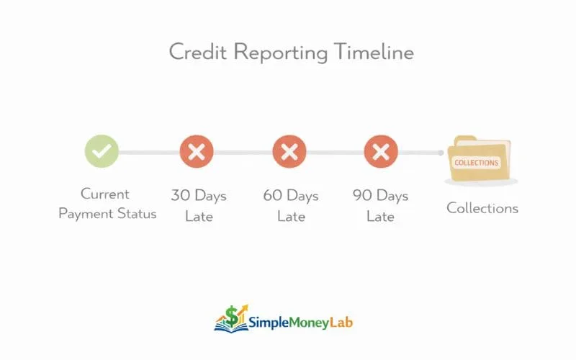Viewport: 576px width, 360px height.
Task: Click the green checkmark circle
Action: pyautogui.click(x=102, y=151)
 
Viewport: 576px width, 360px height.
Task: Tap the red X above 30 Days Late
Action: pyautogui.click(x=197, y=151)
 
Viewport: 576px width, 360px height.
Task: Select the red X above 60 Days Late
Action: pyautogui.click(x=289, y=151)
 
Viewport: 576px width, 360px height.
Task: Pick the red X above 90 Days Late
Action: pyautogui.click(x=382, y=151)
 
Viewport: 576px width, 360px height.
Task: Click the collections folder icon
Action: pyautogui.click(x=479, y=159)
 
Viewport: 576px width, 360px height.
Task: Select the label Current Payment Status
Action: pyautogui.click(x=107, y=204)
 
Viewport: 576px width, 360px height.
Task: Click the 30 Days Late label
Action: pyautogui.click(x=199, y=205)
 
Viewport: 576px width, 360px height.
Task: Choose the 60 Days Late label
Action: pyautogui.click(x=291, y=205)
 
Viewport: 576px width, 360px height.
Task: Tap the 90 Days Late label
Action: pyautogui.click(x=381, y=205)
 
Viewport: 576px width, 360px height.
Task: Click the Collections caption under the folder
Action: pyautogui.click(x=482, y=208)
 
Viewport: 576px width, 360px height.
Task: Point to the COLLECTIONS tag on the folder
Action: pyautogui.click(x=476, y=163)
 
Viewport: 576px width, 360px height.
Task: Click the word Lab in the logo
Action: pyautogui.click(x=343, y=323)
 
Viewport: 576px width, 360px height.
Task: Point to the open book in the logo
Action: pyautogui.click(x=230, y=325)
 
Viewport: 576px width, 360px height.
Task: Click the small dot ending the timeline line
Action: pyautogui.click(x=441, y=152)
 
